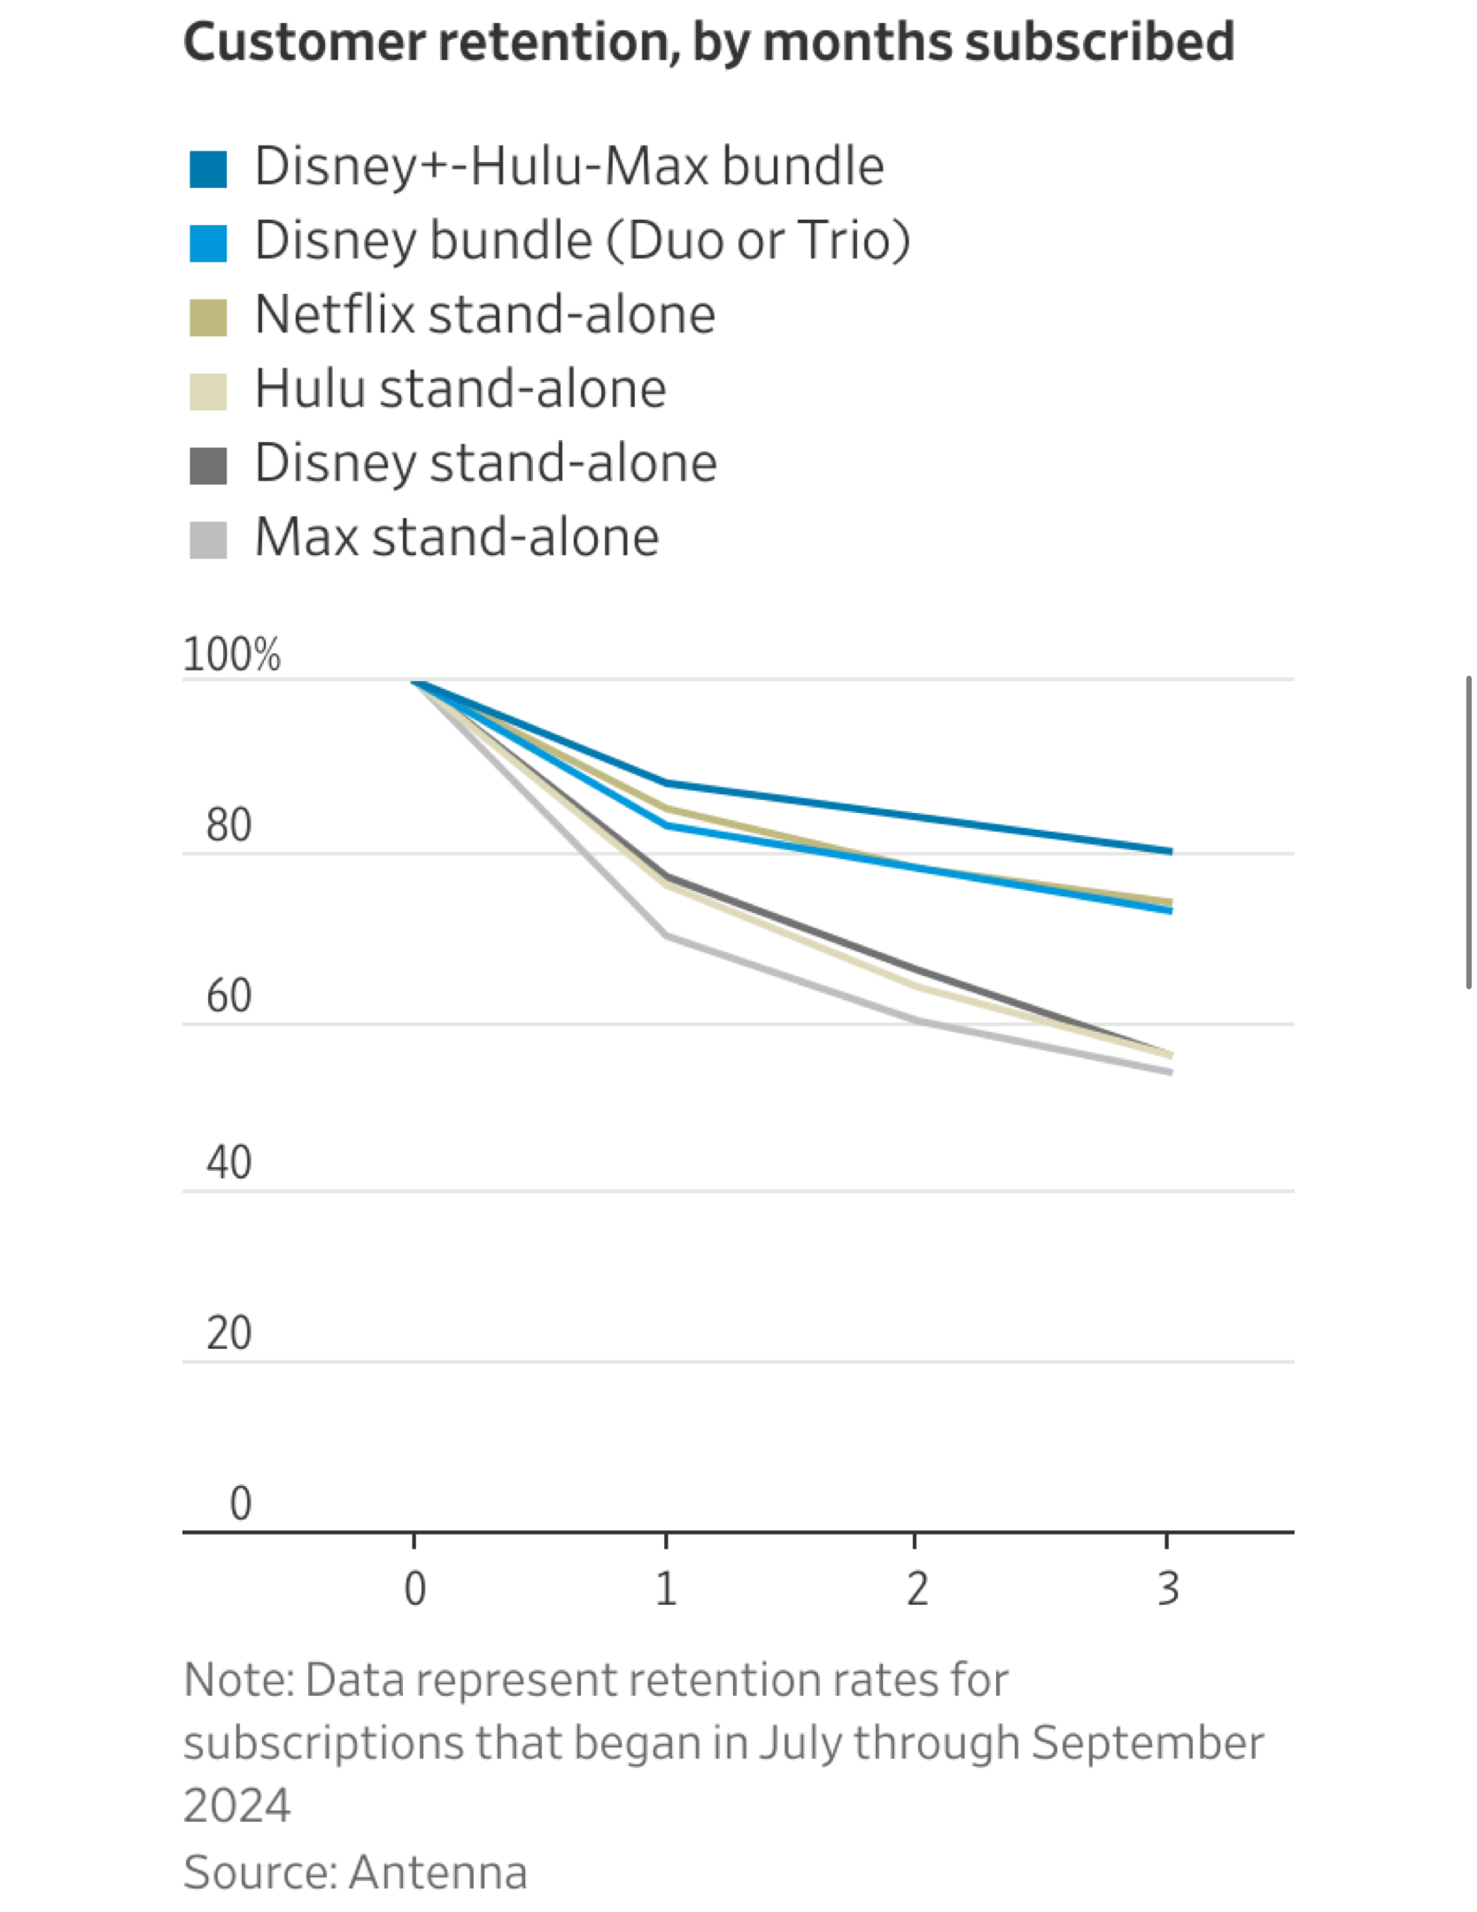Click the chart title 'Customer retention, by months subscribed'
click(x=708, y=43)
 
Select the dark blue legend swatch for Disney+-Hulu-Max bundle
click(x=208, y=169)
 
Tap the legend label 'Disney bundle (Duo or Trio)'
click(x=582, y=241)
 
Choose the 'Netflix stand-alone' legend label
click(x=484, y=315)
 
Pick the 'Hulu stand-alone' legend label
click(x=460, y=390)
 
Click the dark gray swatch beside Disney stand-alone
click(x=208, y=466)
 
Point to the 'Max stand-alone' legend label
click(x=457, y=538)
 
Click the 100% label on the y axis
click(x=231, y=655)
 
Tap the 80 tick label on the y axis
click(x=228, y=825)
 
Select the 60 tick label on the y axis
click(x=228, y=996)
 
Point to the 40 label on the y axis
click(x=228, y=1163)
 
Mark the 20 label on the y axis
click(x=228, y=1334)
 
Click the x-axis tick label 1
click(x=666, y=1589)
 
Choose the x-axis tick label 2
click(x=916, y=1589)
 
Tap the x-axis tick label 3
click(x=1168, y=1589)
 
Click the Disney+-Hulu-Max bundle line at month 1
click(x=666, y=783)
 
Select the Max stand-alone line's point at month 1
click(x=666, y=936)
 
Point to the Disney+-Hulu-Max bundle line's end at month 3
click(x=1170, y=851)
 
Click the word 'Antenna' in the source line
click(x=438, y=1873)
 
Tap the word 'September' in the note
click(x=1148, y=1744)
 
